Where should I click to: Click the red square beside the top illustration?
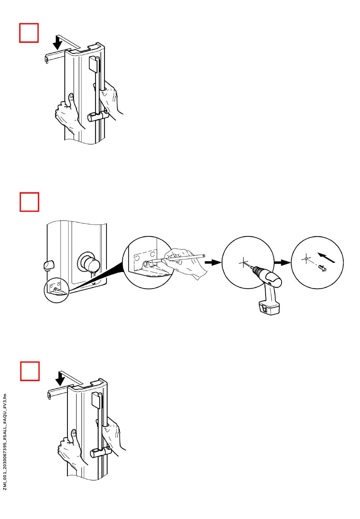click(x=29, y=33)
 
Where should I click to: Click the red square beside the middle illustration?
click(x=29, y=202)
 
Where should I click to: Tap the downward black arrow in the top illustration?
click(x=58, y=42)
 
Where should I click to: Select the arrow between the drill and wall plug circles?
click(x=282, y=262)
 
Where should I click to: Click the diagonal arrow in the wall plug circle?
click(x=327, y=256)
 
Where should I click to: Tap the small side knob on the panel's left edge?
click(x=48, y=265)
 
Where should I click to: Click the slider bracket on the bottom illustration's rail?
click(x=100, y=452)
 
